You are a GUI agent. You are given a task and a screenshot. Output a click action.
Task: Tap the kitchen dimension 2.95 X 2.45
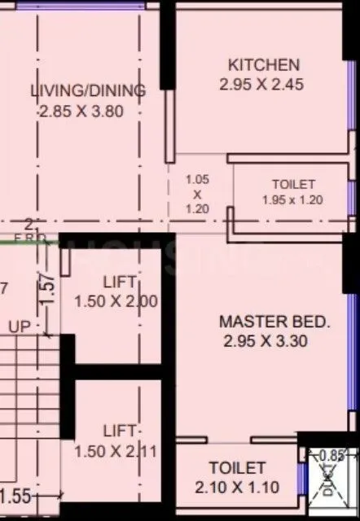(x=261, y=84)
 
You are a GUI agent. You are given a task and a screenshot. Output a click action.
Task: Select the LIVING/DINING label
(x=88, y=90)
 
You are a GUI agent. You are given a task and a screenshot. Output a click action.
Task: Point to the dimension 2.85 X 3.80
(x=81, y=112)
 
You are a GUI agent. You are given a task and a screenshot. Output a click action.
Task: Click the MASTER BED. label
(x=275, y=322)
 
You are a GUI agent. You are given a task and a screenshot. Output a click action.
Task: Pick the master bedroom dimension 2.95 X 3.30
(x=266, y=342)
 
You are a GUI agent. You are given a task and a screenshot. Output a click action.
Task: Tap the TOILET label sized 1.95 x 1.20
(x=293, y=185)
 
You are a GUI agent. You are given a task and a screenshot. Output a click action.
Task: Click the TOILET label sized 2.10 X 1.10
(x=237, y=468)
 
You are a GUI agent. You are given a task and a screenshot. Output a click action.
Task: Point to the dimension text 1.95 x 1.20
(x=293, y=199)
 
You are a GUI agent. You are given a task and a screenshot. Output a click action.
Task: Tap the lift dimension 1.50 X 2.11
(x=115, y=451)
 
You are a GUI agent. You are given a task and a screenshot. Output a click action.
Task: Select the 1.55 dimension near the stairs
(x=15, y=496)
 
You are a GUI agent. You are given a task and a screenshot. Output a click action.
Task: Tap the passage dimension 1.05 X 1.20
(x=197, y=194)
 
